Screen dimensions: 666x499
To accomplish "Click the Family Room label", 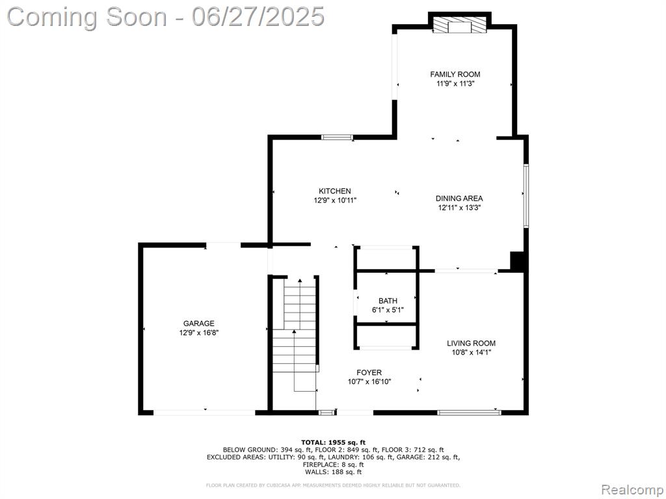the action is coord(455,74).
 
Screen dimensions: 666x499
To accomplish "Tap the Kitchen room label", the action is coord(335,192).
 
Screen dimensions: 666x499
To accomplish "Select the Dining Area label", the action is coord(459,198).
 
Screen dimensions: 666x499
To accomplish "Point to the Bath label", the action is coord(388,301).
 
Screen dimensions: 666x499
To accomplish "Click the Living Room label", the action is coord(471,343).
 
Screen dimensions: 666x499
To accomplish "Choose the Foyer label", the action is coord(369,372).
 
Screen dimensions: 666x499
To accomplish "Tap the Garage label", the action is coord(199,324).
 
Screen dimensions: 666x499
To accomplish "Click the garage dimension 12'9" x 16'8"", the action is coord(199,333).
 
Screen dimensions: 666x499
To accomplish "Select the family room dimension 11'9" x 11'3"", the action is coord(455,84).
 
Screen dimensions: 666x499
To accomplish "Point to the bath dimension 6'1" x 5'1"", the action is coord(388,310).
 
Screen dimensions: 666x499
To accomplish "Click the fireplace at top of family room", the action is coord(460,25).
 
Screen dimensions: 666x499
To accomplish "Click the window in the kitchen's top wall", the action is coord(337,137).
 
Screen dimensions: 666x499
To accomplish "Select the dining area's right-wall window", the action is coord(526,196).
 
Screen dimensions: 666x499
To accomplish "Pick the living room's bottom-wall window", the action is coord(469,412).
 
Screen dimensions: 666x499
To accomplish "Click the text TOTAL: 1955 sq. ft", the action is coord(333,442).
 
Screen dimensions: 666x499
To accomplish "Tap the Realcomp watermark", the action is coord(631,490).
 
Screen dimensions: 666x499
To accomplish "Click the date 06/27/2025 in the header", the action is coord(258,17).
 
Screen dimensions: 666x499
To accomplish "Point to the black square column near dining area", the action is coord(517,261).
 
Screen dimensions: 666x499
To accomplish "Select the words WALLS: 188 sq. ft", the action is coord(333,472).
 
